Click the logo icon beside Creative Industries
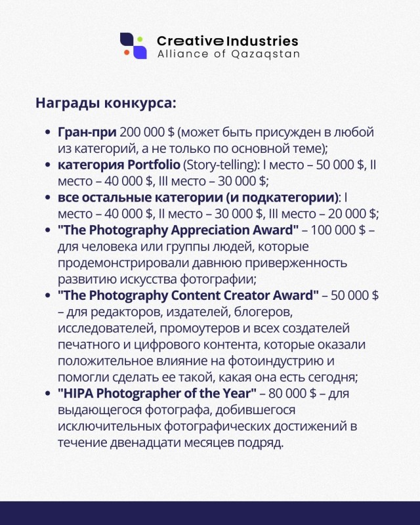click(x=133, y=45)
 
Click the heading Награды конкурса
click(x=105, y=104)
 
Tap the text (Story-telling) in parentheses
click(x=213, y=165)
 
